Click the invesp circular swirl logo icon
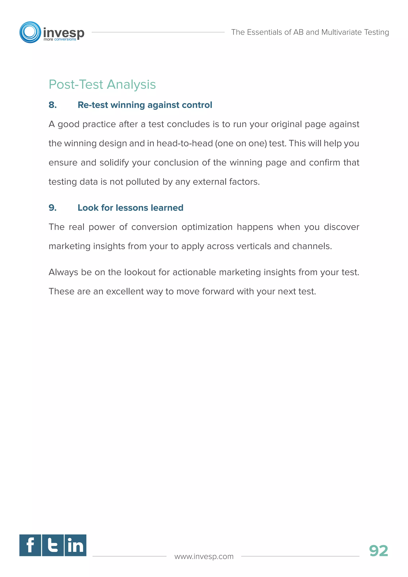(30, 32)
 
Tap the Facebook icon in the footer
(30, 545)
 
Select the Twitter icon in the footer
(53, 545)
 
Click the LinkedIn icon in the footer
(75, 545)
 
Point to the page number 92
(378, 551)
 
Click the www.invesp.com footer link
(204, 556)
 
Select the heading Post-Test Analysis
(102, 84)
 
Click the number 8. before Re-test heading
(53, 105)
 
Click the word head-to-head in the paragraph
(184, 143)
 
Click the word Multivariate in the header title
(341, 32)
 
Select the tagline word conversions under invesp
(65, 39)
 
